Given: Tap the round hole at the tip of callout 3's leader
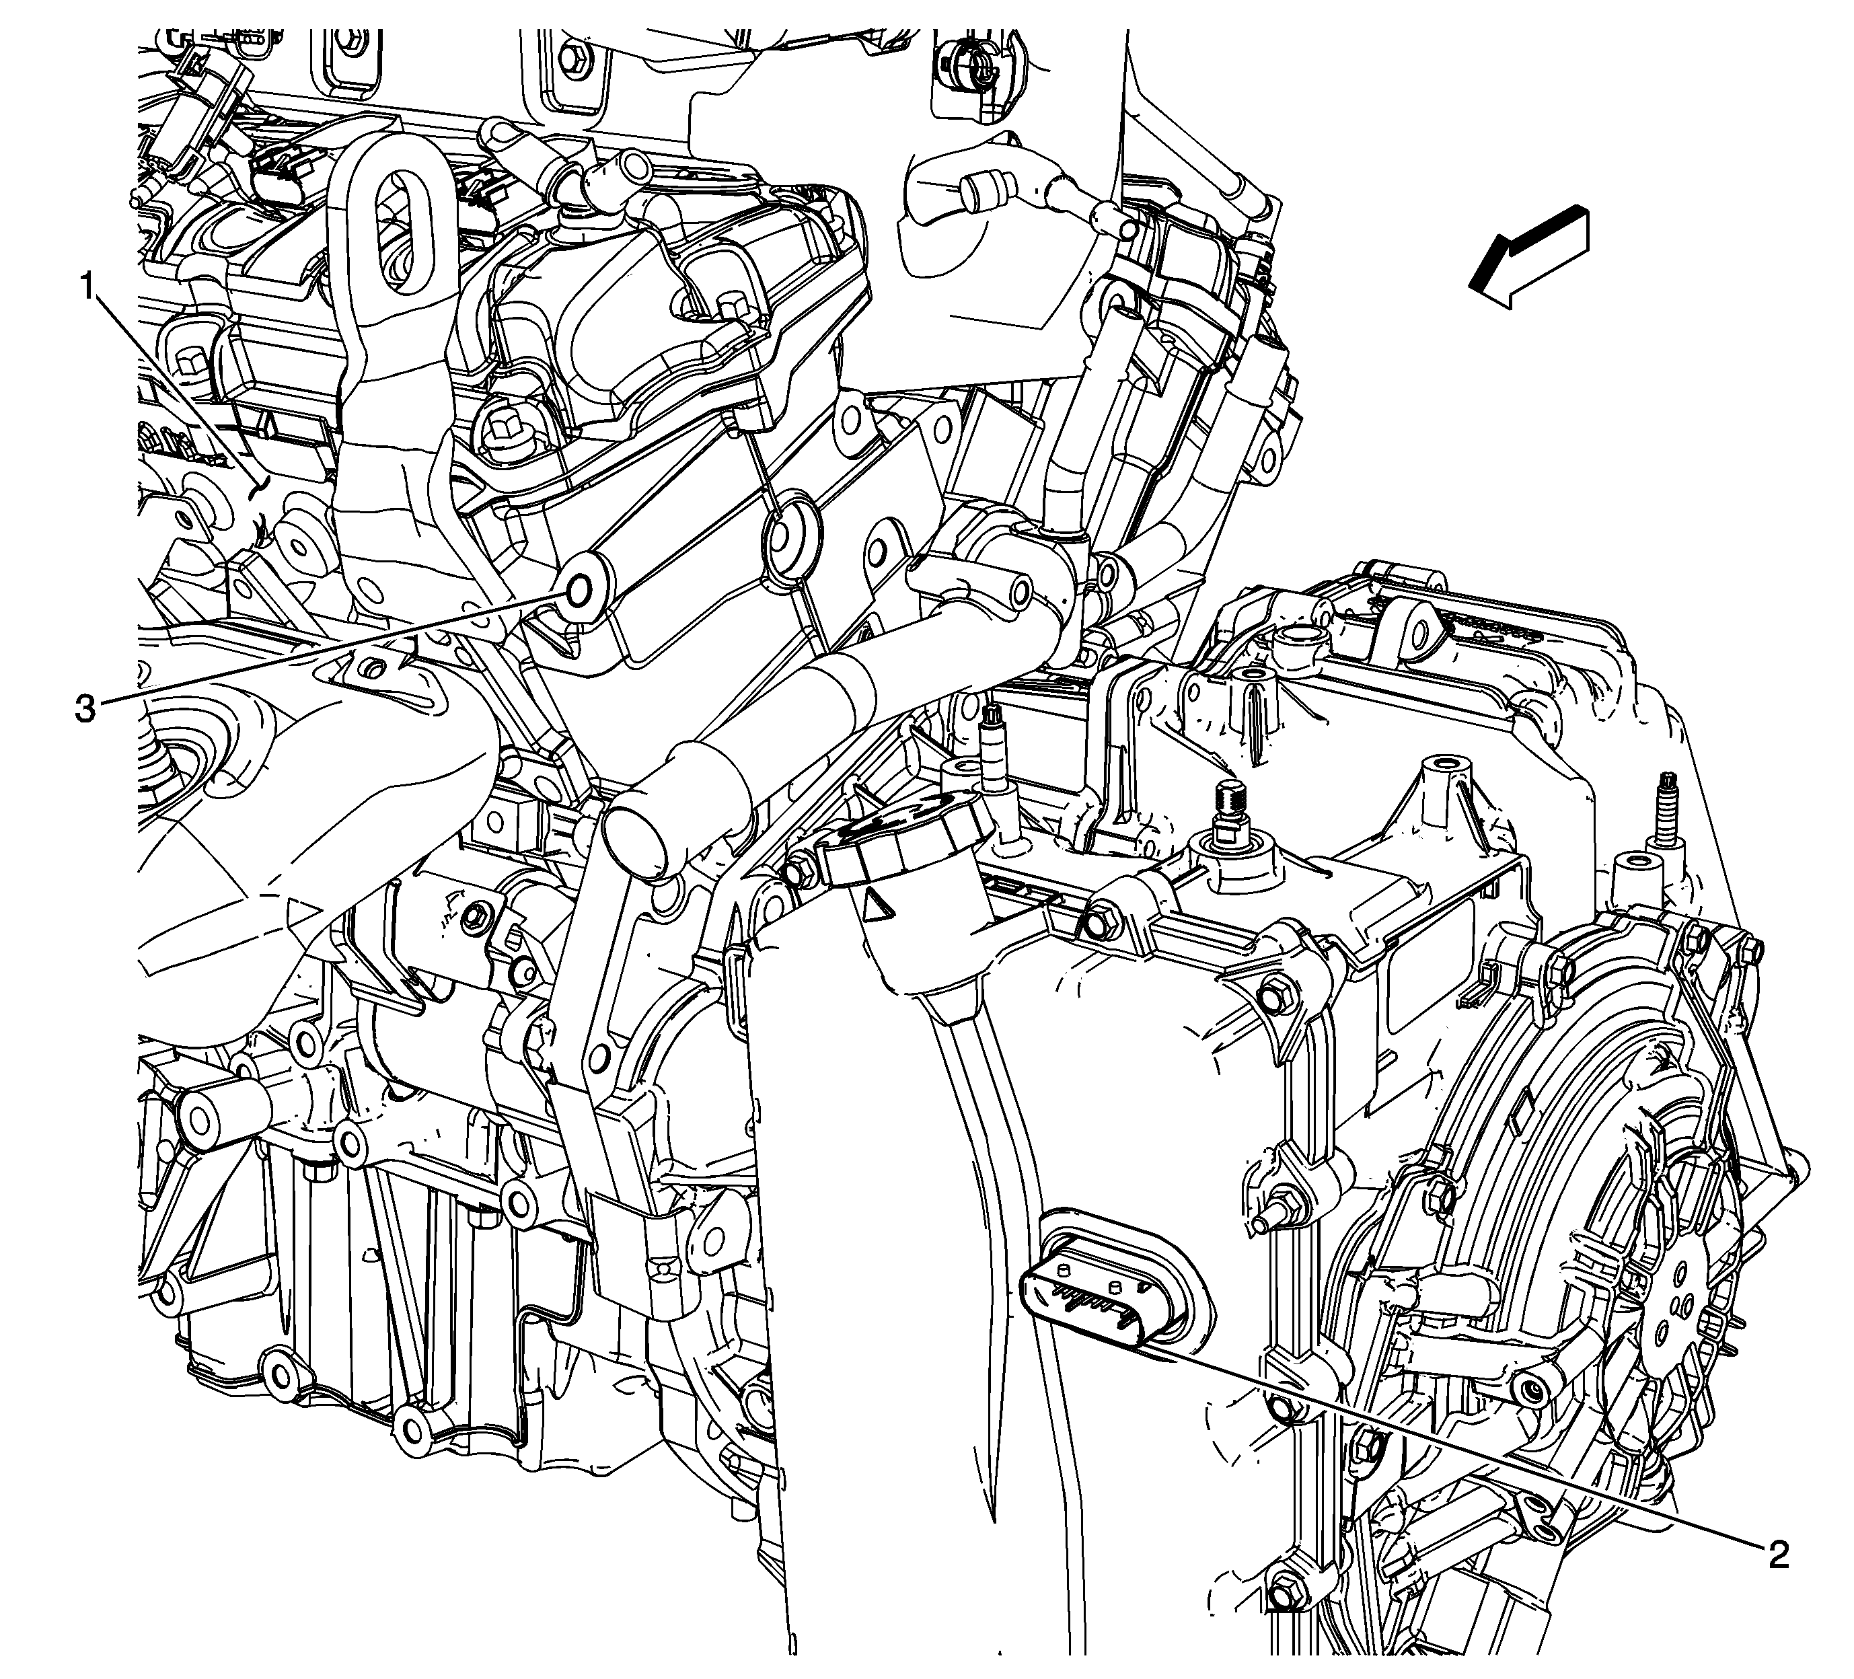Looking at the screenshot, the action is [x=581, y=592].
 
